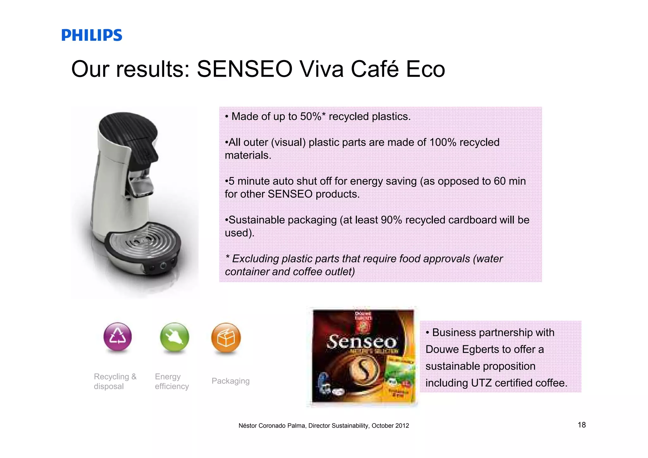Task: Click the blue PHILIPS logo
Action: coord(91,35)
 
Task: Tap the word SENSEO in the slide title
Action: coord(245,69)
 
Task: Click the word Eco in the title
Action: coord(425,69)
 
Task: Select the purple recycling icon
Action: coord(117,337)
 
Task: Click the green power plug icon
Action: coord(174,337)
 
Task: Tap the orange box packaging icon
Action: coord(226,337)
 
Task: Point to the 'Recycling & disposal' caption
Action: coord(115,381)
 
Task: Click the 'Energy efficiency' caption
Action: coord(171,381)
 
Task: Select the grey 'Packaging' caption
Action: coord(230,381)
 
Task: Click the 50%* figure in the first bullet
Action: coord(313,116)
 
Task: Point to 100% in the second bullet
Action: coord(443,142)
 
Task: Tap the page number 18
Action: coord(582,425)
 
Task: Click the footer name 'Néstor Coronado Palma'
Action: coord(272,426)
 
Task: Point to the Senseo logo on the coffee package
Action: coord(362,342)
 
